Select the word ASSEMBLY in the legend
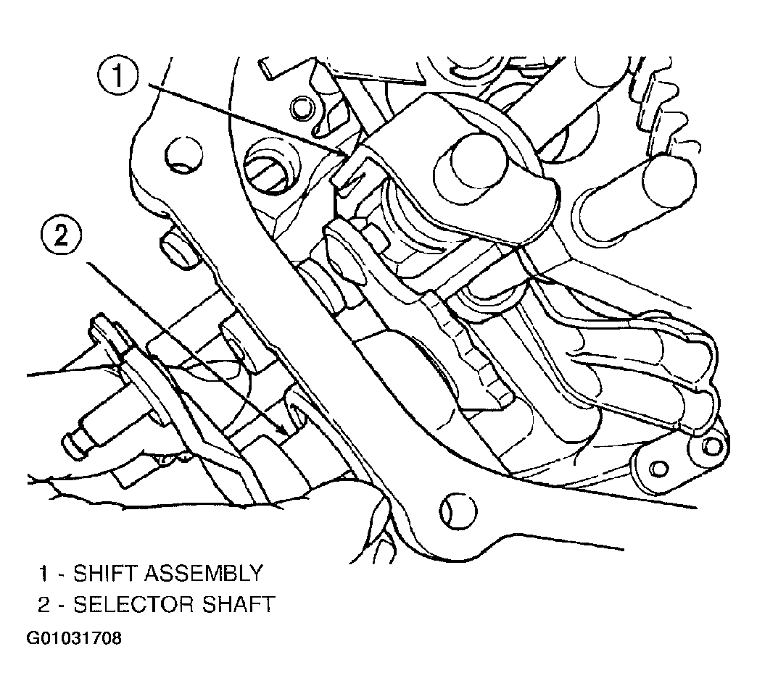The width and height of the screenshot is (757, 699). tap(203, 573)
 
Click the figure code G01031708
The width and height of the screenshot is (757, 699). tap(74, 638)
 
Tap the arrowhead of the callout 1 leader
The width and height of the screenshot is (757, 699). tap(345, 155)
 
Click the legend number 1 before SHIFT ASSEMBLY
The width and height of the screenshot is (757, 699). tap(44, 573)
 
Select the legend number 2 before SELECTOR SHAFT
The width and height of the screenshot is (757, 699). tap(44, 604)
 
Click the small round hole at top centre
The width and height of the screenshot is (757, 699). tap(301, 109)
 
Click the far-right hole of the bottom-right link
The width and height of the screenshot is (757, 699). tap(711, 446)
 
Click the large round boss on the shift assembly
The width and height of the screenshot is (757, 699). tap(471, 163)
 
